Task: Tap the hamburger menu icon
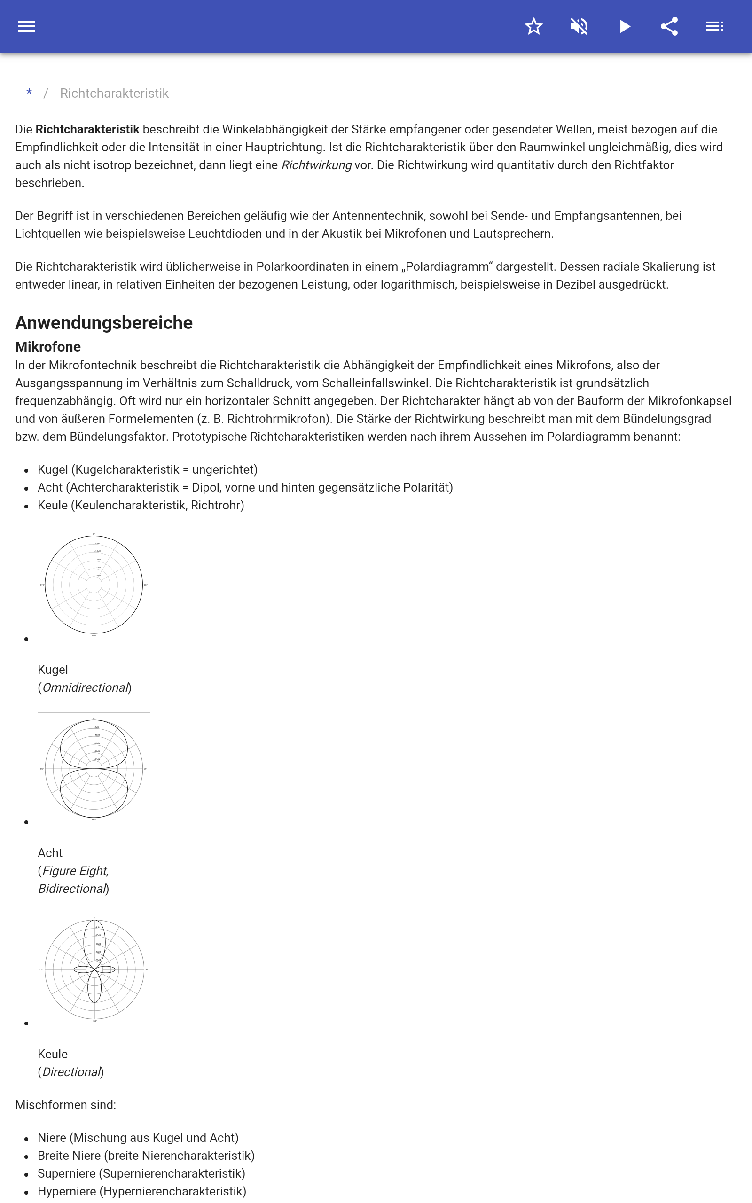pyautogui.click(x=26, y=26)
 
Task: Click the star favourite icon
pyautogui.click(x=533, y=26)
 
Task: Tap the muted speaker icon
pyautogui.click(x=579, y=26)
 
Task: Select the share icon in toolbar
pyautogui.click(x=669, y=26)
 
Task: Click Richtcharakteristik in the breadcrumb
pyautogui.click(x=114, y=94)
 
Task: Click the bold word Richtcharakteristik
pyautogui.click(x=87, y=130)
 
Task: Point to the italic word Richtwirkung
pyautogui.click(x=316, y=165)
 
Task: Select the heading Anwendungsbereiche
pyautogui.click(x=103, y=323)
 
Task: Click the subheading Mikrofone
pyautogui.click(x=48, y=346)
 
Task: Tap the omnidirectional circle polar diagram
pyautogui.click(x=94, y=585)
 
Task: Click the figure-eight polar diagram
pyautogui.click(x=94, y=768)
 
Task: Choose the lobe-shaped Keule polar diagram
pyautogui.click(x=94, y=969)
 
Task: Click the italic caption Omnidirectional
pyautogui.click(x=86, y=687)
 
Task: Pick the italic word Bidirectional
pyautogui.click(x=72, y=889)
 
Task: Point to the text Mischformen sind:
pyautogui.click(x=65, y=1105)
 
